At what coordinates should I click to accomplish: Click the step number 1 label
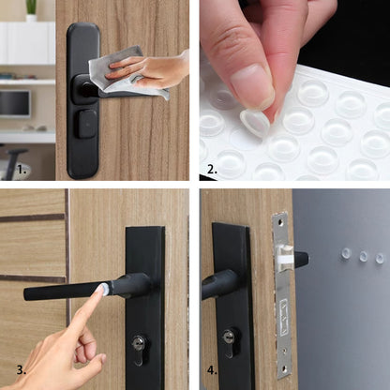(x=22, y=170)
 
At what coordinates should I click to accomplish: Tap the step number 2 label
(x=212, y=170)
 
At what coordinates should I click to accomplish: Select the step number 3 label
(x=22, y=370)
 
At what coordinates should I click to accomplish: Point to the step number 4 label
(x=212, y=370)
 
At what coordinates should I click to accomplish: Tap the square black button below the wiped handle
(x=87, y=125)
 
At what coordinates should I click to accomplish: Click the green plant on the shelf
(x=31, y=7)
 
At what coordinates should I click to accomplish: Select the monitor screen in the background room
(x=15, y=103)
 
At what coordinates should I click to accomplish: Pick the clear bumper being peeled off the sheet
(x=254, y=121)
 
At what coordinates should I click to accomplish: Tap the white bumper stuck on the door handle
(x=104, y=289)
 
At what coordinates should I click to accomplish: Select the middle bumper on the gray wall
(x=363, y=257)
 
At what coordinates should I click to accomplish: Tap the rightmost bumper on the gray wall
(x=380, y=258)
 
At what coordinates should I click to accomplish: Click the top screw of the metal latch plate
(x=280, y=221)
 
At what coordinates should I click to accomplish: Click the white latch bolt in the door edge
(x=286, y=259)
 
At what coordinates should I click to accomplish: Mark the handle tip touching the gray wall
(x=306, y=259)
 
